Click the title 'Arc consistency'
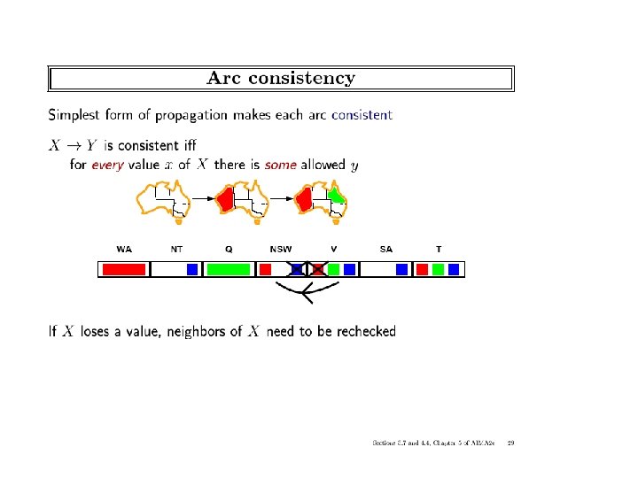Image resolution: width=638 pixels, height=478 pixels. [281, 78]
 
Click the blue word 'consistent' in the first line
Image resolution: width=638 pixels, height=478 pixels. [362, 114]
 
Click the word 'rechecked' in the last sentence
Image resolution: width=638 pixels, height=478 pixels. [361, 332]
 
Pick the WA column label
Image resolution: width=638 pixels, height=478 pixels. [124, 250]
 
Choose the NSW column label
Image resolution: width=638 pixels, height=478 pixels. [280, 250]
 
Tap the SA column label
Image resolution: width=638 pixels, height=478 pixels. [385, 250]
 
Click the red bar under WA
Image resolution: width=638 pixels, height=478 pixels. [123, 269]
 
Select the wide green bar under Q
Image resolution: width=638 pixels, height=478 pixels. [229, 269]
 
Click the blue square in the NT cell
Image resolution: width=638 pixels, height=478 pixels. [191, 269]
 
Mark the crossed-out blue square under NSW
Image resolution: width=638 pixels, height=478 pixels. [298, 269]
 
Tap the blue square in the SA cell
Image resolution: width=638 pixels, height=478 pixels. [401, 269]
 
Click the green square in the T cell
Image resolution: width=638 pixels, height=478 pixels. [438, 269]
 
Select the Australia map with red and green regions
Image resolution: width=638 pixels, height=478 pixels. [323, 200]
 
